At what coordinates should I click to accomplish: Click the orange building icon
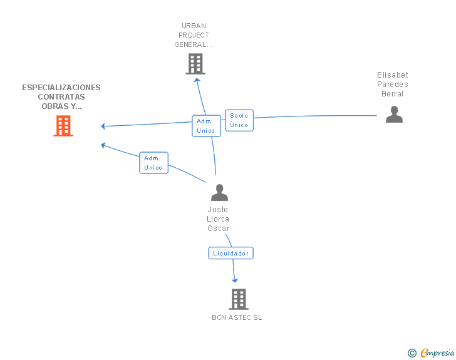[63, 126]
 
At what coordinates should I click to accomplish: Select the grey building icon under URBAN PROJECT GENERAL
[195, 64]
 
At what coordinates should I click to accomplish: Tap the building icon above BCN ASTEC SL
[238, 299]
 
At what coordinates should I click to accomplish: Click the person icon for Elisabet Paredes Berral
[394, 115]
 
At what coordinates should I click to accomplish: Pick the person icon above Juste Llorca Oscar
[219, 192]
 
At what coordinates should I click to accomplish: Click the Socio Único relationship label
[239, 120]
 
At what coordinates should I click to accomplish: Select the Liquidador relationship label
[231, 254]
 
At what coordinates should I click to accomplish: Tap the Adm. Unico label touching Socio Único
[205, 126]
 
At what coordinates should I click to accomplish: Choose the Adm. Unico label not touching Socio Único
[153, 163]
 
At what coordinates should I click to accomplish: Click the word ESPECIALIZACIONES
[61, 88]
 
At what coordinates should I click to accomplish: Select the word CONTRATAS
[61, 97]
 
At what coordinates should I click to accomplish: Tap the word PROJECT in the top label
[194, 35]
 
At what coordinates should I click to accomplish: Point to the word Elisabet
[393, 75]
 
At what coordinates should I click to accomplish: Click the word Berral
[393, 94]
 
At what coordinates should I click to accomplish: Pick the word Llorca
[219, 219]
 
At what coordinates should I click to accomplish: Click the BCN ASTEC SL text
[237, 317]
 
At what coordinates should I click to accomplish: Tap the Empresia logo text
[437, 352]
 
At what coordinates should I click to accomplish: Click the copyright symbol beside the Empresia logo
[412, 353]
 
